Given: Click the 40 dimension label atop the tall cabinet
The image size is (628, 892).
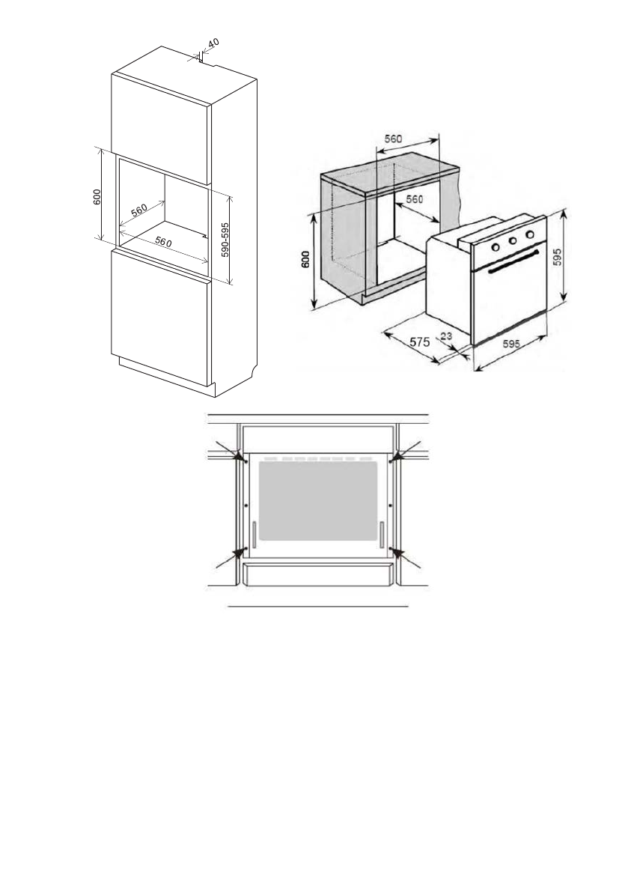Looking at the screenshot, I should pos(213,45).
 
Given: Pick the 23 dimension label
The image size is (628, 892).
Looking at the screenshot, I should pos(447,337).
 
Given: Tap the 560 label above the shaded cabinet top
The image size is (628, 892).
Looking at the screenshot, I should pos(394,139).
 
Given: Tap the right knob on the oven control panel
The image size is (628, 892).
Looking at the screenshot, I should pos(531,234).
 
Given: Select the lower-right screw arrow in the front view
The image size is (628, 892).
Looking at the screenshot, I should pos(397,553).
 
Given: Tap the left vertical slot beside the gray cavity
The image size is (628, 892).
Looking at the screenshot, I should pos(254,534).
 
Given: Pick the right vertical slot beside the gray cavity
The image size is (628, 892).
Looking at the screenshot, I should pos(382,534).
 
